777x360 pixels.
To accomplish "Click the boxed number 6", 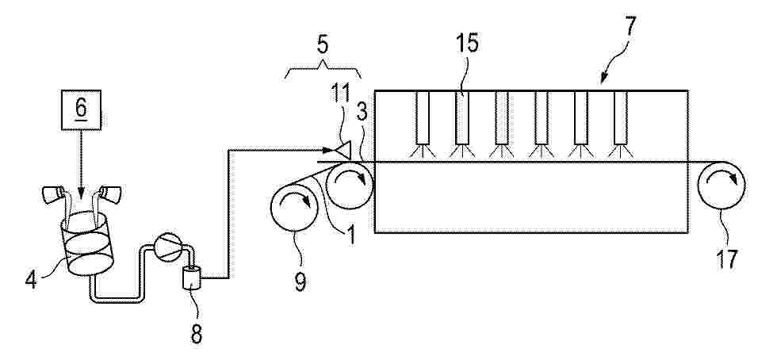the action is (x=81, y=111).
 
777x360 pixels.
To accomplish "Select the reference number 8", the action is (x=197, y=334).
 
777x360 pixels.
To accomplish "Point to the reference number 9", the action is (x=300, y=281).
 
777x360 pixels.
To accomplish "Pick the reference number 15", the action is (x=467, y=44).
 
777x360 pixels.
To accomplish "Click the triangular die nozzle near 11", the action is (x=342, y=149).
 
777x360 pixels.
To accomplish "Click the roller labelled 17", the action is (x=721, y=185).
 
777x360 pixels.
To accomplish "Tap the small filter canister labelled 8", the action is (x=192, y=278).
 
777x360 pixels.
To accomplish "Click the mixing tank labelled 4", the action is (x=87, y=243).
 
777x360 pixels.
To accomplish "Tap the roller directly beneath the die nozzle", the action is (x=350, y=185).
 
